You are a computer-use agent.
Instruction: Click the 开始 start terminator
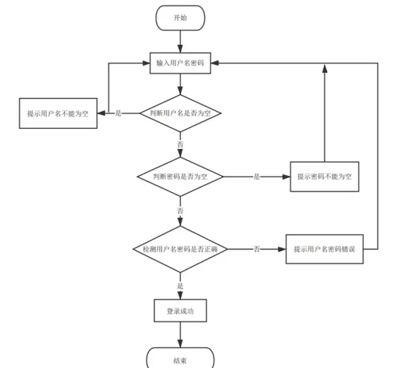pyautogui.click(x=180, y=18)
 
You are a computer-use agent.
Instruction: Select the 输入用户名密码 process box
pyautogui.click(x=180, y=64)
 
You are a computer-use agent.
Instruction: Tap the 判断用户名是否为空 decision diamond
pyautogui.click(x=180, y=113)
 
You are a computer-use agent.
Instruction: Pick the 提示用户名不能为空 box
pyautogui.click(x=58, y=113)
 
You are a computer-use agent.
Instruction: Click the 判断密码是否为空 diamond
pyautogui.click(x=180, y=177)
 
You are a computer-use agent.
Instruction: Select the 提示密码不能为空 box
pyautogui.click(x=324, y=177)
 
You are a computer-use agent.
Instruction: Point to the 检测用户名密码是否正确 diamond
pyautogui.click(x=180, y=250)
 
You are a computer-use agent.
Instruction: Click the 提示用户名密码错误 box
pyautogui.click(x=324, y=250)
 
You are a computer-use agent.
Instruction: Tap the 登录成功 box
pyautogui.click(x=180, y=311)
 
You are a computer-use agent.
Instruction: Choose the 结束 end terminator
pyautogui.click(x=180, y=360)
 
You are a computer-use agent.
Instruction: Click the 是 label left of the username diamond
pyautogui.click(x=118, y=113)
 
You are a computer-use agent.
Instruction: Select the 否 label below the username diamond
pyautogui.click(x=180, y=143)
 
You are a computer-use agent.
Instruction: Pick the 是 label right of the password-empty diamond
pyautogui.click(x=257, y=177)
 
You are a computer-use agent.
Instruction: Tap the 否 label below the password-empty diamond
pyautogui.click(x=180, y=210)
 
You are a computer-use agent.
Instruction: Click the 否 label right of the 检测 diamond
pyautogui.click(x=257, y=250)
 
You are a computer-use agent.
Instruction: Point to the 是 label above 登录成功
pyautogui.click(x=180, y=287)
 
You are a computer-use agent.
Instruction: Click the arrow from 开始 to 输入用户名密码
pyautogui.click(x=180, y=41)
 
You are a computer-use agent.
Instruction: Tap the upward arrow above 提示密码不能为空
pyautogui.click(x=324, y=112)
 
